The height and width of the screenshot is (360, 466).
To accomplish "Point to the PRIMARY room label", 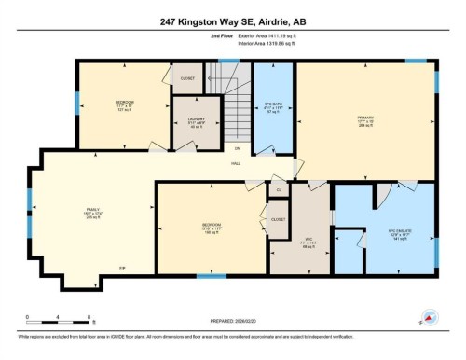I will pos(364,118).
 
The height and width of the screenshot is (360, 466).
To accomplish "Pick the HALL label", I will pos(238,164).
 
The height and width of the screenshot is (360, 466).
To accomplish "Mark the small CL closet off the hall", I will pos(278,189).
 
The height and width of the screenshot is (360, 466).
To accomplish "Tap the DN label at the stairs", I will pos(237,147).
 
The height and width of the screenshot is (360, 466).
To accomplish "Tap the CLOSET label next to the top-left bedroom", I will pos(186,78).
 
